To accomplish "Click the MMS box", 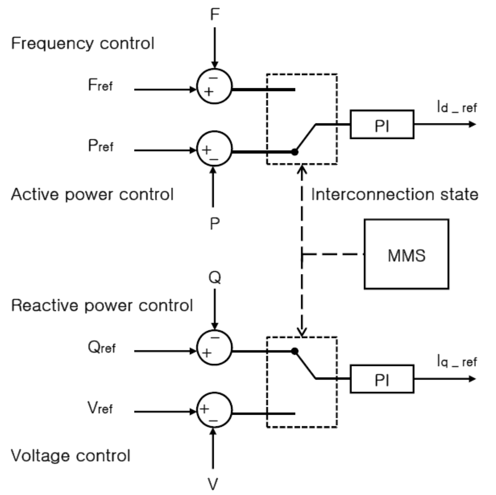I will click(406, 254).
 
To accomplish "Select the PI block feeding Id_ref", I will click(382, 125).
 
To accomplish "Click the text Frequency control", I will click(82, 44).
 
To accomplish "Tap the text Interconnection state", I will click(394, 195).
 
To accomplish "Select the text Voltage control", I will click(71, 456).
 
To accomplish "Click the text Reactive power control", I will click(102, 306).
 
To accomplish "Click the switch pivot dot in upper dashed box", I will click(294, 152).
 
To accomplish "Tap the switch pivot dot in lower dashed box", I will click(294, 350).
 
